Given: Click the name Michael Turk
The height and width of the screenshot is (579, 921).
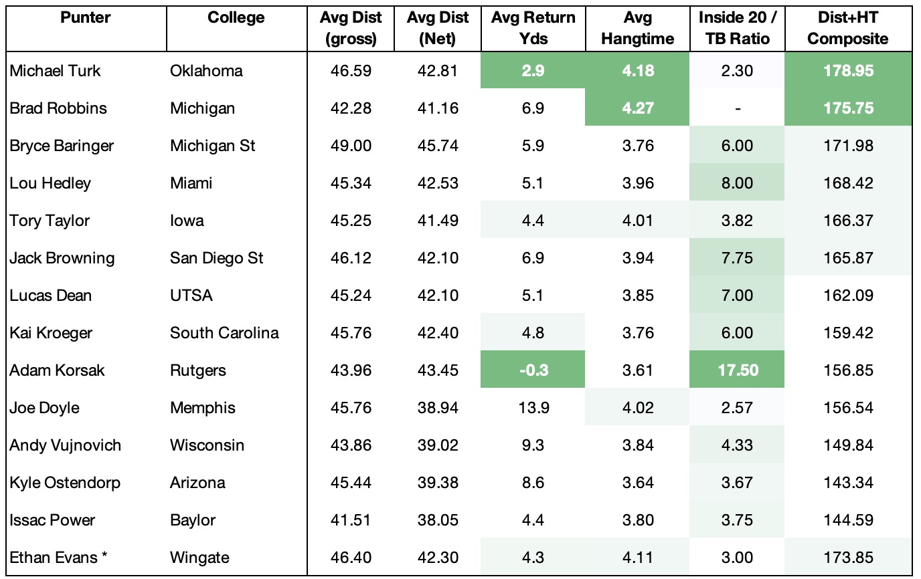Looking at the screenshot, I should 55,71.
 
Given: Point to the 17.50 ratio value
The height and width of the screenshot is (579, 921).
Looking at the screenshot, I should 737,370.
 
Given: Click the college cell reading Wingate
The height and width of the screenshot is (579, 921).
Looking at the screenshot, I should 199,558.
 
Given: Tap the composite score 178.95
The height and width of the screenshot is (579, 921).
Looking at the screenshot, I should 847,71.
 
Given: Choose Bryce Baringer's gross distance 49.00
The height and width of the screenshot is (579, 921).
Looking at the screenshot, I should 351,146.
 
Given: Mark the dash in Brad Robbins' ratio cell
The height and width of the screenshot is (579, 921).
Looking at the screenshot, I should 737,108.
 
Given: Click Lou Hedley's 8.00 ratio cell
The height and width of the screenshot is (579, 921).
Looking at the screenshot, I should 737,183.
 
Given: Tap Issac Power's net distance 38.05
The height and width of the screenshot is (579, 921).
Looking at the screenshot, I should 437,520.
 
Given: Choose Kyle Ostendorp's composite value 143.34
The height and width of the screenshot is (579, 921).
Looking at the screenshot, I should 847,483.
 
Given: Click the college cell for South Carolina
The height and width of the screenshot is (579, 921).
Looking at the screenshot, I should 224,333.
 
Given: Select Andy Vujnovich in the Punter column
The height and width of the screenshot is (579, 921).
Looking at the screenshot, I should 65,445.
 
